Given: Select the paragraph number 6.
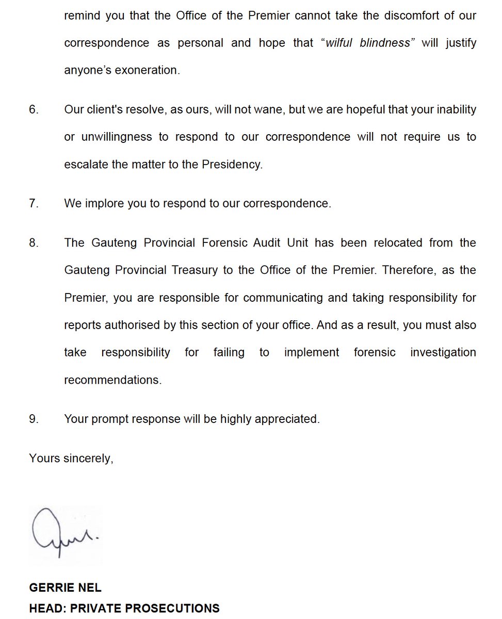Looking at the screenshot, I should click(x=34, y=110).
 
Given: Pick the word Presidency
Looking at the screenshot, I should click(x=232, y=165).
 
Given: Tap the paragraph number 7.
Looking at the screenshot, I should click(x=34, y=203).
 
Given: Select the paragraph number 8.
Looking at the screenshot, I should click(x=34, y=242).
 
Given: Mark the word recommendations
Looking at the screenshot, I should click(x=112, y=380).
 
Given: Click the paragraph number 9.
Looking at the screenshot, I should click(x=34, y=419).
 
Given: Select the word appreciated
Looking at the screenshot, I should click(x=289, y=419).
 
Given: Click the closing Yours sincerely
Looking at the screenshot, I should click(x=71, y=458).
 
